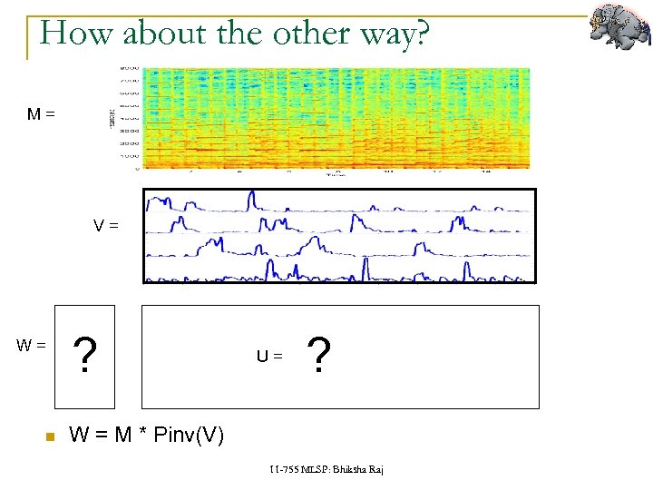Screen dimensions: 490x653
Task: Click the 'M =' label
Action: click(x=41, y=114)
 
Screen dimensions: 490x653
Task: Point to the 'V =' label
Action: click(x=106, y=225)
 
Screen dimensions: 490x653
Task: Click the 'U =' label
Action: click(x=269, y=357)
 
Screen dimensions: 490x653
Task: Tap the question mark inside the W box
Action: click(x=84, y=356)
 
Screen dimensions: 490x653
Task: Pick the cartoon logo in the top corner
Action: click(x=619, y=26)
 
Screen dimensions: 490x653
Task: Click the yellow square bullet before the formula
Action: click(x=50, y=437)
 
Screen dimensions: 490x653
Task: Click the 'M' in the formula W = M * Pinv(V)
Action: click(x=123, y=436)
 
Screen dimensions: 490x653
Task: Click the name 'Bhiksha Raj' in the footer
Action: click(x=358, y=469)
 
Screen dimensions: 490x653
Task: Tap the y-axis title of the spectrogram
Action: click(x=111, y=117)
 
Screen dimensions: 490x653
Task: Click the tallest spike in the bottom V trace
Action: click(x=363, y=267)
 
